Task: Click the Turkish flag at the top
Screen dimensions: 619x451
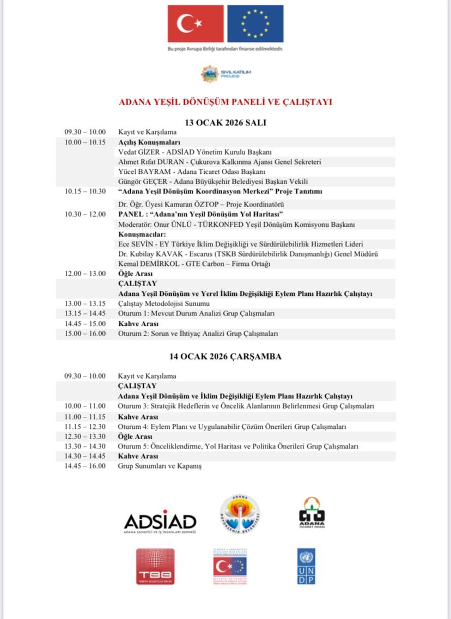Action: click(196, 24)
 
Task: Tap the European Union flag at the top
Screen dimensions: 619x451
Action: click(255, 24)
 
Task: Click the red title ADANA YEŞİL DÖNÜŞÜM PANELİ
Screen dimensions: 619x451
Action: click(225, 102)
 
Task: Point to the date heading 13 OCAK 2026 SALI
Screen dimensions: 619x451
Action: click(225, 123)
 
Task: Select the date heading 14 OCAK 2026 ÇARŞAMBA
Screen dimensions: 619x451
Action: click(225, 356)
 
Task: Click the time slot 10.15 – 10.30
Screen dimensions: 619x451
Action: click(85, 191)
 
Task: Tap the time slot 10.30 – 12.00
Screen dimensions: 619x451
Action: click(85, 214)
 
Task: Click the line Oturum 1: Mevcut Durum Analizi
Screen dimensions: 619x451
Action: click(196, 313)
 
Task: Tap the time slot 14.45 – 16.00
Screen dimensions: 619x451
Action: click(85, 466)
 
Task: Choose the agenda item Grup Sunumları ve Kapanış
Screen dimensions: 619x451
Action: click(160, 466)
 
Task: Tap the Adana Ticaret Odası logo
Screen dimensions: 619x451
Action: click(312, 513)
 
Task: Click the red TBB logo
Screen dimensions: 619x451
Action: click(155, 566)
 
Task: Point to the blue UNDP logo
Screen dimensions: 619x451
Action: click(306, 566)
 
